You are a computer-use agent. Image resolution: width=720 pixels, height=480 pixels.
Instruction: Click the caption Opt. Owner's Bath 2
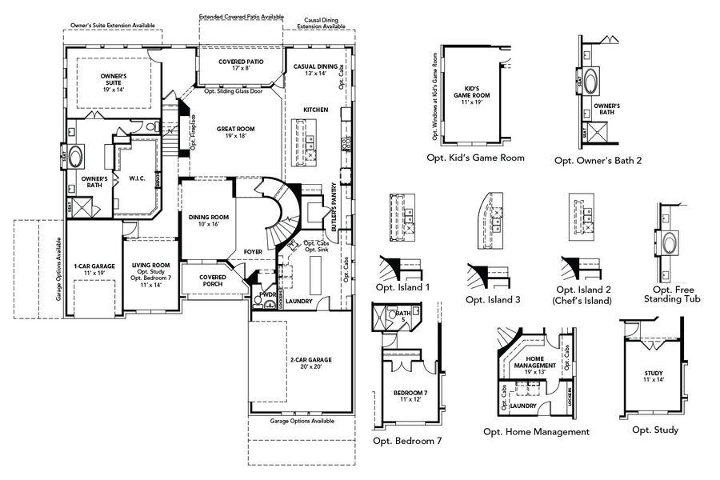click(598, 160)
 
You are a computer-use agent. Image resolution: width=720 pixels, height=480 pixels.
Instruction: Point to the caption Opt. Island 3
click(494, 299)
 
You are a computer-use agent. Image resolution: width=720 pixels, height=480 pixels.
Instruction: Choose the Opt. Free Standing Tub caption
click(671, 294)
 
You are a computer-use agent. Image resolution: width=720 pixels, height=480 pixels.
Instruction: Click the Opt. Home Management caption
click(536, 432)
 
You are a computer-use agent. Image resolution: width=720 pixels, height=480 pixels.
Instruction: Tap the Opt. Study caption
click(654, 430)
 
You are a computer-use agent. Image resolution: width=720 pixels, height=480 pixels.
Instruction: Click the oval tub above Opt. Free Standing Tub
click(670, 242)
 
